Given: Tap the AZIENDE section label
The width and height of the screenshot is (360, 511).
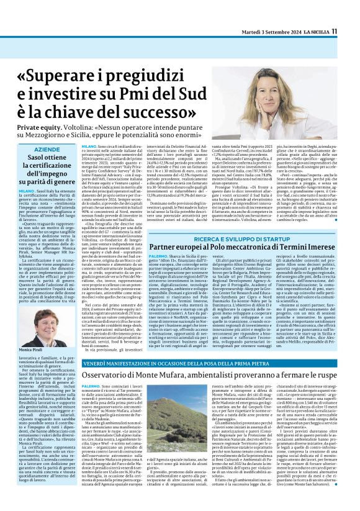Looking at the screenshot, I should click(x=48, y=150).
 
